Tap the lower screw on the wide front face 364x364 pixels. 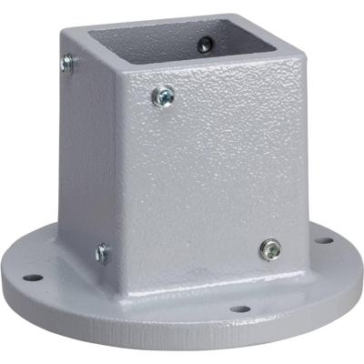270,248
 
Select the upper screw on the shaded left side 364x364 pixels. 68,63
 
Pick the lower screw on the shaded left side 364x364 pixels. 102,252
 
